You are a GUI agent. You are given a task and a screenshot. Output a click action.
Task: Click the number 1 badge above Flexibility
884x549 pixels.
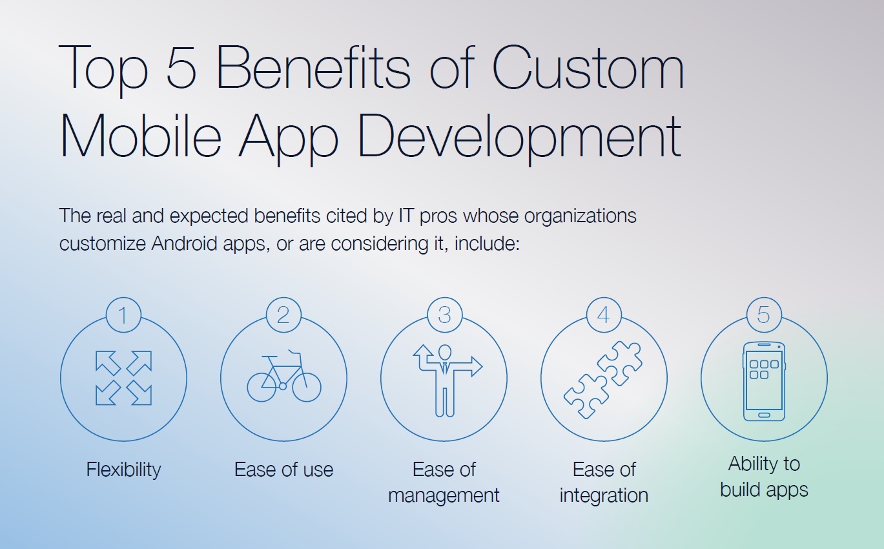(x=123, y=315)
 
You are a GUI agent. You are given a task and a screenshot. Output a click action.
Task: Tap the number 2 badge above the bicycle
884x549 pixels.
(x=283, y=315)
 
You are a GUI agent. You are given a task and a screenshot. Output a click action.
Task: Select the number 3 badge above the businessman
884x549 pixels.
(x=445, y=315)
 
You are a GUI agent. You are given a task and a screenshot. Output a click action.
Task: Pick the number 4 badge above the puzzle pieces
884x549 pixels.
(x=604, y=315)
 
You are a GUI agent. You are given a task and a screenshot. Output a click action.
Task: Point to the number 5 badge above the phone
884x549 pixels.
(x=764, y=315)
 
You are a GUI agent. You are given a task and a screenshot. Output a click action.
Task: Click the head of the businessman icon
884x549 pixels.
(x=445, y=352)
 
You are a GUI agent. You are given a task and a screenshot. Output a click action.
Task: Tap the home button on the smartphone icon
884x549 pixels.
(x=764, y=415)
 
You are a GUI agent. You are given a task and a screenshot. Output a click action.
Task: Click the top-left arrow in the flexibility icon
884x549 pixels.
(x=108, y=363)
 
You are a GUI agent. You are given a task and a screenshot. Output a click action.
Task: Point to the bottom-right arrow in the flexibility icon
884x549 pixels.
(x=139, y=393)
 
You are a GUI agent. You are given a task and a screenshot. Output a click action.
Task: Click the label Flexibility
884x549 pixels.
(x=123, y=470)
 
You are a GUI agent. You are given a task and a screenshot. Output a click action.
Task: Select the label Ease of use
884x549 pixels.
(x=283, y=470)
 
